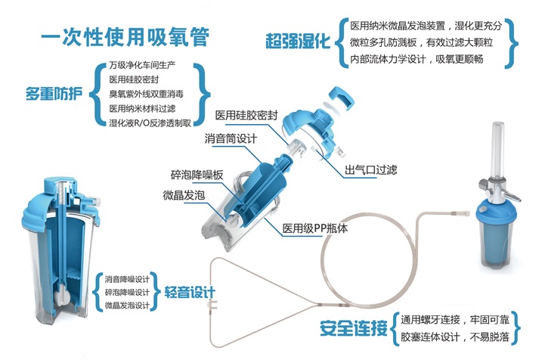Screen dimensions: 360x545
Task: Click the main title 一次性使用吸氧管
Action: coord(124,36)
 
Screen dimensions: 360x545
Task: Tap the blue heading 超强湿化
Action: coord(299,40)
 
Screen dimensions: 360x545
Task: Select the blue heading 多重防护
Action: coord(55,95)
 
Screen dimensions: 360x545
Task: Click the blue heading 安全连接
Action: coord(354,329)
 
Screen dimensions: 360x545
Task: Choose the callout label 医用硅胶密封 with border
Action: coord(246,116)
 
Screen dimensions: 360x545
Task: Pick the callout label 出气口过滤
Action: coord(371,169)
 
